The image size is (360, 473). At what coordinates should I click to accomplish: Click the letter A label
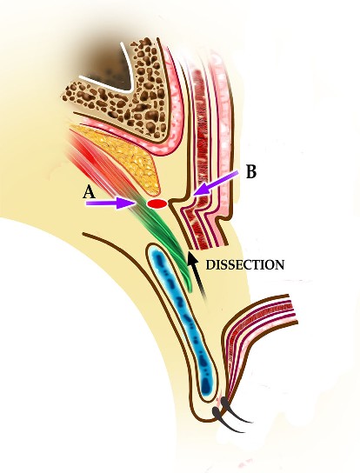click(90, 192)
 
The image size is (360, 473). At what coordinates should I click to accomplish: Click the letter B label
click(251, 171)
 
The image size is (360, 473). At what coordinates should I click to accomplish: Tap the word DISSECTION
click(244, 265)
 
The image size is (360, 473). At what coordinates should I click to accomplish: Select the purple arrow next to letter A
click(110, 203)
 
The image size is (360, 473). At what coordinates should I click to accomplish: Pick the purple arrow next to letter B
click(215, 183)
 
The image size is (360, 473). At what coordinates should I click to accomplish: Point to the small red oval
click(157, 204)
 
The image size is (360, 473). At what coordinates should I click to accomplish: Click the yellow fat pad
click(127, 154)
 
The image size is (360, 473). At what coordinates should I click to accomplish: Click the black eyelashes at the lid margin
click(230, 416)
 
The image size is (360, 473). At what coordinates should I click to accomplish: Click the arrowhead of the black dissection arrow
click(190, 258)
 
